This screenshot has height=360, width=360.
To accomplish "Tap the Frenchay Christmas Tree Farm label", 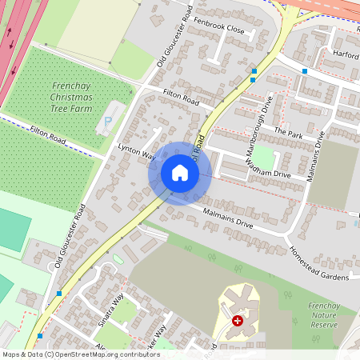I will pos(72,97).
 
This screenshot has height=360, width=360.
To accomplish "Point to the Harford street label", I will pos(346,55).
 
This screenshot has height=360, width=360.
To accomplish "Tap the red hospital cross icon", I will pos(237,321).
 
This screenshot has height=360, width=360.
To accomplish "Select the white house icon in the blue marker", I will pos(180,173).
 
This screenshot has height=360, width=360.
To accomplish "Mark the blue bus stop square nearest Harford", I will pos(305,71).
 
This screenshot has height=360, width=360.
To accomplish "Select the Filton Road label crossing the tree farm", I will pos(46,138).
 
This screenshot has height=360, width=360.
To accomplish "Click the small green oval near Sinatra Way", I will pos(118,258).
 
